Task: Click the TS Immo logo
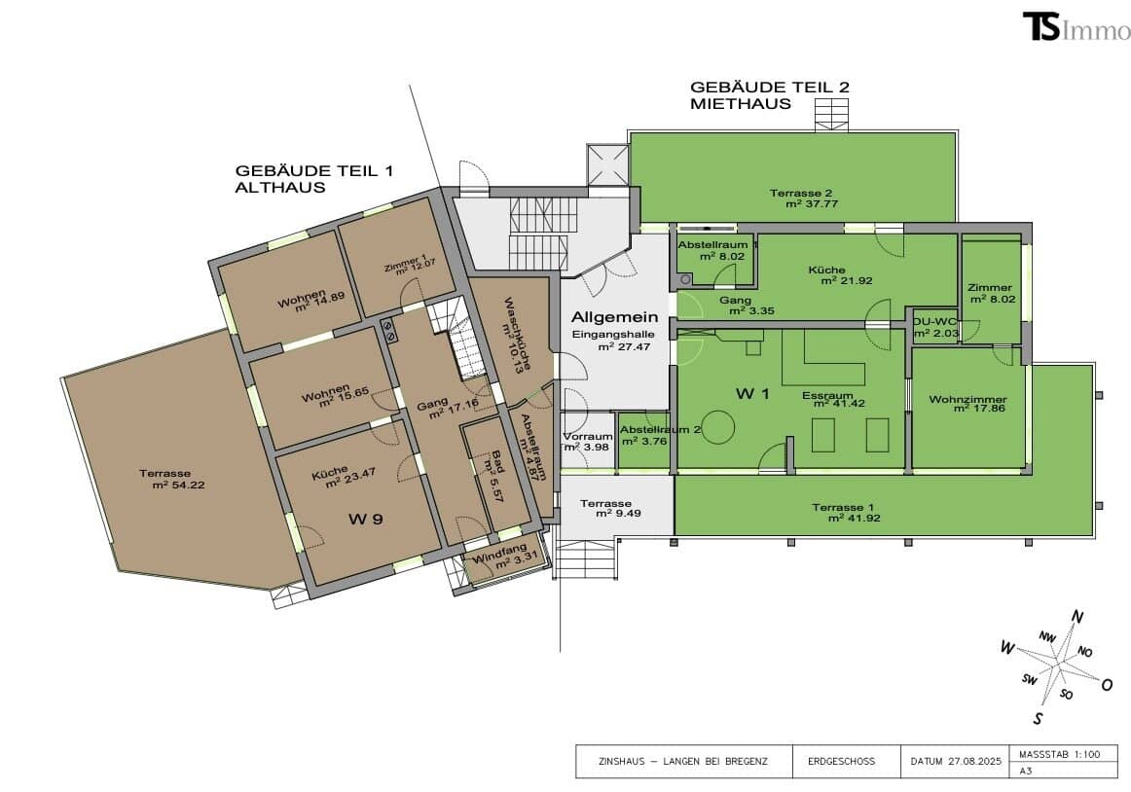click(x=1076, y=26)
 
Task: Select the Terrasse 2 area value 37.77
click(x=812, y=203)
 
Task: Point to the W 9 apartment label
click(x=366, y=519)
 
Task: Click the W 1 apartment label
click(x=752, y=393)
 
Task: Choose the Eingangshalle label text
click(x=613, y=334)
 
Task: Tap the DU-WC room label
click(x=935, y=321)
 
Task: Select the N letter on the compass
click(x=1077, y=617)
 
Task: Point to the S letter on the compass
click(x=1038, y=718)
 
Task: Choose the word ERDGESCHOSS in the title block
click(x=841, y=761)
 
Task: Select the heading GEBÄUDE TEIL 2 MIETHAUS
click(x=770, y=95)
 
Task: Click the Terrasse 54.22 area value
click(x=179, y=485)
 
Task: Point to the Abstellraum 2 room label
click(x=660, y=430)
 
